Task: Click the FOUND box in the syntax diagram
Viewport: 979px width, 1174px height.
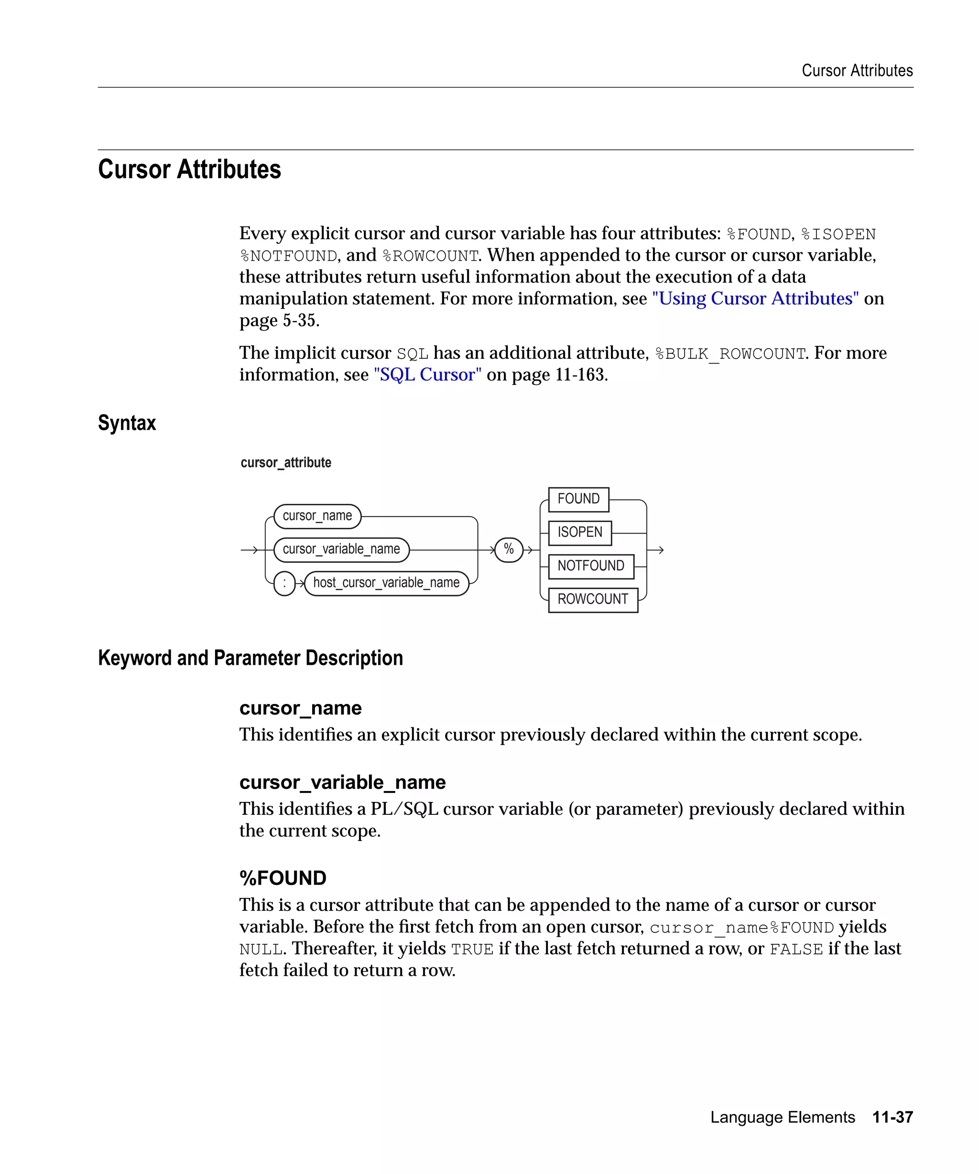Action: click(578, 499)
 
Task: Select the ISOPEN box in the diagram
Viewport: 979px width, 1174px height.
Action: click(579, 532)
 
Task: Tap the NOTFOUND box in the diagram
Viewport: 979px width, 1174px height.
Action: click(590, 566)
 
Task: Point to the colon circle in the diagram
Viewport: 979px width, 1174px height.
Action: click(284, 583)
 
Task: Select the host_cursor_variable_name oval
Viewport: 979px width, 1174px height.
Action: click(386, 583)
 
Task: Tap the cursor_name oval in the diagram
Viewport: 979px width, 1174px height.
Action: click(317, 515)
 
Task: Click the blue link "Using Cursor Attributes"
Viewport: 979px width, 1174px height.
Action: click(755, 299)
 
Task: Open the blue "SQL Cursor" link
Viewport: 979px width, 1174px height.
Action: click(427, 374)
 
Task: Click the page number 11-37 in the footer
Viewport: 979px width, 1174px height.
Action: click(892, 1117)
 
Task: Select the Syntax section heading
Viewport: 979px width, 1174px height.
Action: click(127, 423)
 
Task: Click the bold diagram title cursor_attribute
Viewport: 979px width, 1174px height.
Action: click(285, 462)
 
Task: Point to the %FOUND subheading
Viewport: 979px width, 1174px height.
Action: click(283, 878)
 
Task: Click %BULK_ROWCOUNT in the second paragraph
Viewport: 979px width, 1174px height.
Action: click(730, 354)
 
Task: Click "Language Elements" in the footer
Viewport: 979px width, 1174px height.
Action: click(782, 1117)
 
